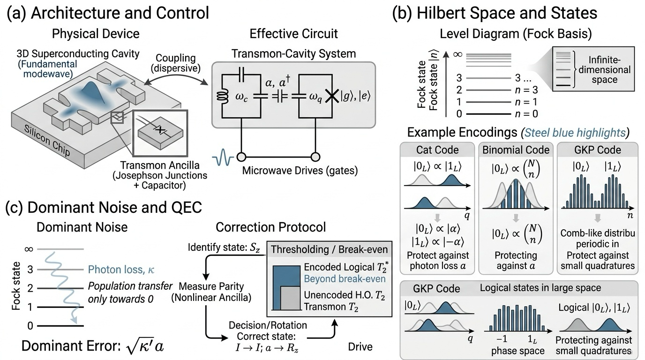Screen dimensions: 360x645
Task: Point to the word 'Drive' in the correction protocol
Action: [360, 347]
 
